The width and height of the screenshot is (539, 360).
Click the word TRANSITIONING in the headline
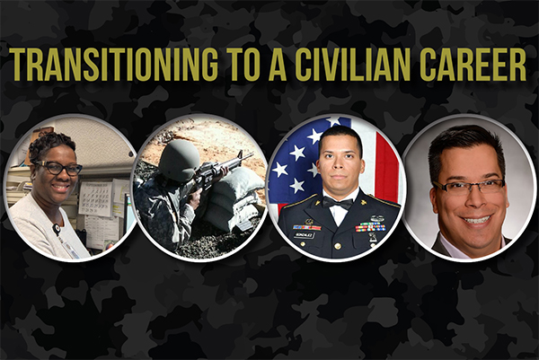tap(114, 64)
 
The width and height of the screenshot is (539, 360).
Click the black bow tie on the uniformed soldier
tap(338, 203)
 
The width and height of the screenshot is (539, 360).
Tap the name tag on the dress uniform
tap(304, 235)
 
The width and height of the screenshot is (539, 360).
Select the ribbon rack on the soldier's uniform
tap(370, 227)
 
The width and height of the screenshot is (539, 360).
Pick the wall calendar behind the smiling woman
tap(96, 198)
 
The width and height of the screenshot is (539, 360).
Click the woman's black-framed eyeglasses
tap(60, 168)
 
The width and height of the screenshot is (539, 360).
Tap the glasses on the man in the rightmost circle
tap(470, 188)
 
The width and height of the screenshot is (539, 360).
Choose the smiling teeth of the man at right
tap(478, 219)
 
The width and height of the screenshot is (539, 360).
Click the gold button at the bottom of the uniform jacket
tap(337, 246)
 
